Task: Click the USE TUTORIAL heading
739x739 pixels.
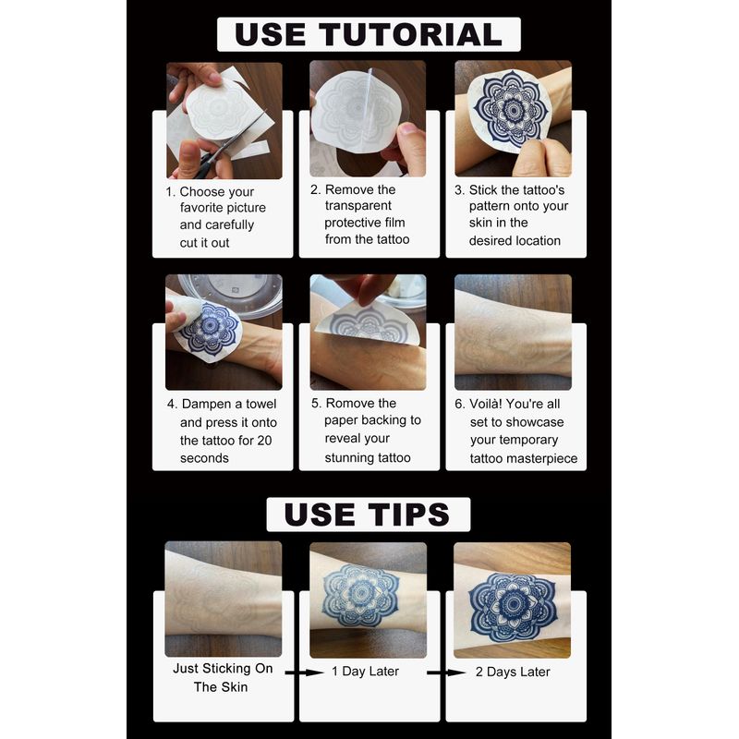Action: click(369, 34)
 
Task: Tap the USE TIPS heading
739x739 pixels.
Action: click(368, 515)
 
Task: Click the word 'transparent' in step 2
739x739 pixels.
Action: click(358, 205)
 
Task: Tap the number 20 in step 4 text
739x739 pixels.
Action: click(264, 441)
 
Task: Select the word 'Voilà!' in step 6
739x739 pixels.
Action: click(487, 404)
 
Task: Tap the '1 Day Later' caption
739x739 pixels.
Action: click(365, 672)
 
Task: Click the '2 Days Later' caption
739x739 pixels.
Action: click(513, 672)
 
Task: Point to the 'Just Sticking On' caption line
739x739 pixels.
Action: click(223, 668)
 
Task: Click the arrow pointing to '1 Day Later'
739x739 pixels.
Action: click(305, 672)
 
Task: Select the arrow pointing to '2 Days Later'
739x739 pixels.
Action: click(446, 672)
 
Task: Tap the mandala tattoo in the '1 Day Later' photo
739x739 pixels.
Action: click(361, 595)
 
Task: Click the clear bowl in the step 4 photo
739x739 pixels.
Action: click(232, 293)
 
